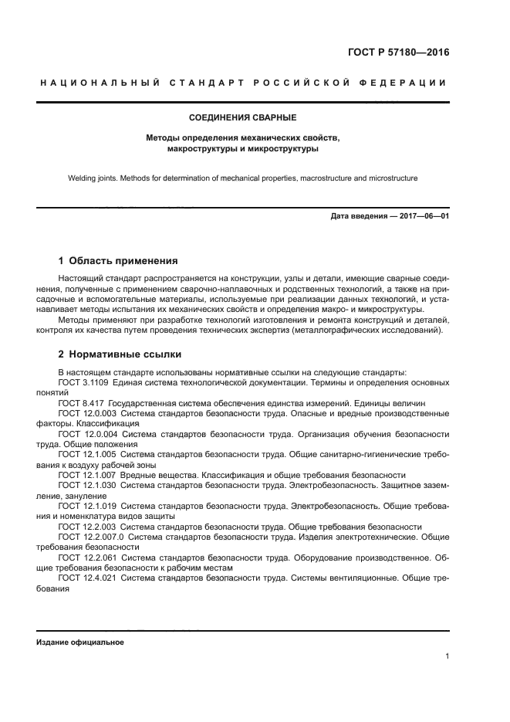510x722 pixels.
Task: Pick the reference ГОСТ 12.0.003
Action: (x=86, y=413)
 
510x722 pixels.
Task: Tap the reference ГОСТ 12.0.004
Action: (x=86, y=434)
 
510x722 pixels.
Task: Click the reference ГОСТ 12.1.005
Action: (x=86, y=455)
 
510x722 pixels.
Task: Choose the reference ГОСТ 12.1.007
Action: (x=86, y=475)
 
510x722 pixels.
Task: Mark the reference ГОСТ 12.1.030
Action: (x=86, y=485)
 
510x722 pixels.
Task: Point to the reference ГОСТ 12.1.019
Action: (x=86, y=506)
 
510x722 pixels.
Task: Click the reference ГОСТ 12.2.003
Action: (x=86, y=526)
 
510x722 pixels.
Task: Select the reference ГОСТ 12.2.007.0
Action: (x=90, y=536)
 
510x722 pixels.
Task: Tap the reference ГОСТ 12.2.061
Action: (x=86, y=557)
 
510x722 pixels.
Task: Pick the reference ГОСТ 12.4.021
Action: (x=86, y=578)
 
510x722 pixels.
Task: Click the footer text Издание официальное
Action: (x=80, y=642)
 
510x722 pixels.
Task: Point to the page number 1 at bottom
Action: (x=447, y=656)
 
